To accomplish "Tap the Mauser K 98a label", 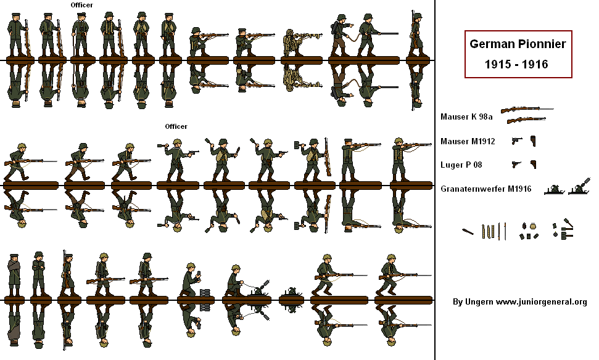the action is point(466,117).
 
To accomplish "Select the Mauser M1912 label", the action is point(468,141).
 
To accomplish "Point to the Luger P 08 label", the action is point(461,165).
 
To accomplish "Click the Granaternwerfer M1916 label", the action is point(486,189).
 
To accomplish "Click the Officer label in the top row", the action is point(82,5).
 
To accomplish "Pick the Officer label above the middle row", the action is point(176,126).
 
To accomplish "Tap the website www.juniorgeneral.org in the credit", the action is point(541,302).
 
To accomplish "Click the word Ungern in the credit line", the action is point(479,302).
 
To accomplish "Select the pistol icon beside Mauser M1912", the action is point(516,141).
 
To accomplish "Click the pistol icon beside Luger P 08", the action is point(516,164).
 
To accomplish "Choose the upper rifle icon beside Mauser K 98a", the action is point(527,110).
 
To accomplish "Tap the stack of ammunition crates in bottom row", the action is point(205,293).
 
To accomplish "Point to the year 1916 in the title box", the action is point(535,64).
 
